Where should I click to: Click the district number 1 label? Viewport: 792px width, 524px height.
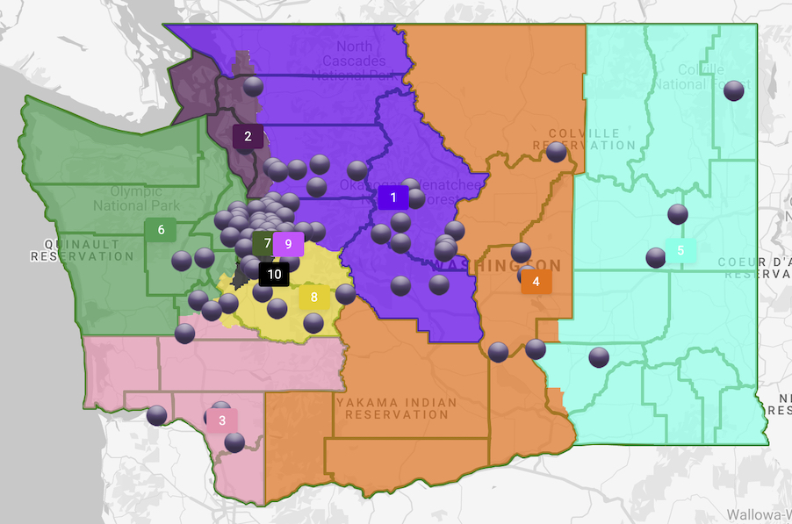point(393,197)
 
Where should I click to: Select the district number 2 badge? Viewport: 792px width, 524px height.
point(248,136)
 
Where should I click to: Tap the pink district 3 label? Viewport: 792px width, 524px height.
point(222,420)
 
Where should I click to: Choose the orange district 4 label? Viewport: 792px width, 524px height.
point(536,282)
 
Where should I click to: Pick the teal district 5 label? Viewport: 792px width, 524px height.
point(680,251)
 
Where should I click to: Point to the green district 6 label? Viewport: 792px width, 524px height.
point(161,231)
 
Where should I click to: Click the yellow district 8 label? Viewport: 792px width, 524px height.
point(313,298)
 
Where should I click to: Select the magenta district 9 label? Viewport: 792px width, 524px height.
point(288,243)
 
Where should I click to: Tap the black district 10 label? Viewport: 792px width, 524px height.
point(275,274)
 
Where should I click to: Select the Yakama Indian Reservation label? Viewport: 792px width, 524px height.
point(397,408)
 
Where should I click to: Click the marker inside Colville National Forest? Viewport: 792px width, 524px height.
point(734,90)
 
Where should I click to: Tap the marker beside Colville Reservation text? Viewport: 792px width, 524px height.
point(556,152)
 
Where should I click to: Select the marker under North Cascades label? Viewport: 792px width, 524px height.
point(254,86)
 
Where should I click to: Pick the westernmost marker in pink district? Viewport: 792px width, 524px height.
point(157,415)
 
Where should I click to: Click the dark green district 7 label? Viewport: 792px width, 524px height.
point(265,242)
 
